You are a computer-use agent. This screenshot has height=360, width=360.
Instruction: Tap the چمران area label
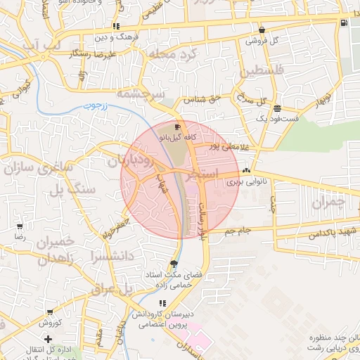(x=328, y=202)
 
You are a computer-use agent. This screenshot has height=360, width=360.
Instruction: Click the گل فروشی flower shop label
(x=262, y=40)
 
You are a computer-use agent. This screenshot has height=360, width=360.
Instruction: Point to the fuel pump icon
(x=343, y=22)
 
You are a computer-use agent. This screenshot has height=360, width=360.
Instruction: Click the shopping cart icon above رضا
(x=20, y=226)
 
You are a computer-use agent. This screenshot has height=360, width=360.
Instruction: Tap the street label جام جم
(x=238, y=231)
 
